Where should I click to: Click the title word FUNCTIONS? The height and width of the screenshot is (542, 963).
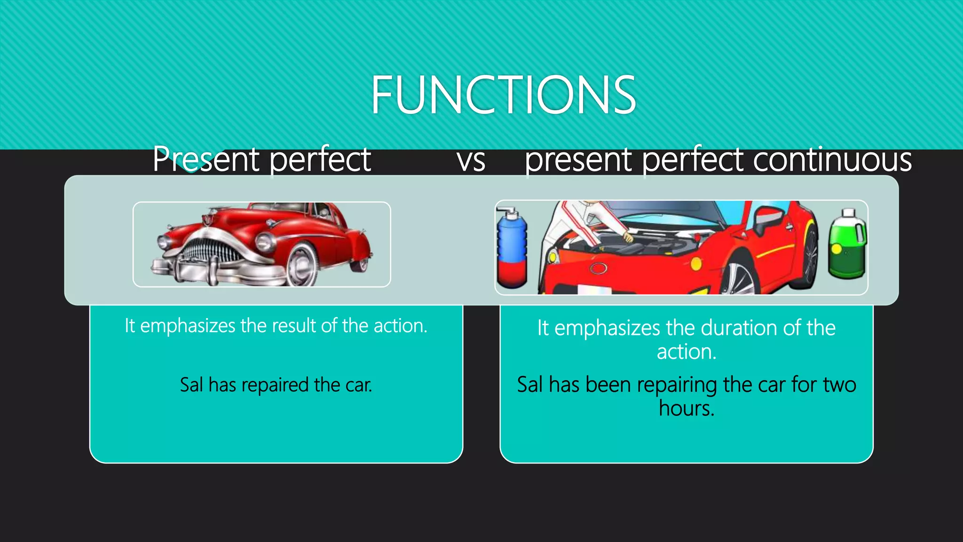tap(503, 95)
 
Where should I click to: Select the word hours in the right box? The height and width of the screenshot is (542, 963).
tap(686, 408)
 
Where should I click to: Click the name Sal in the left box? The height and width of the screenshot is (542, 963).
tap(191, 385)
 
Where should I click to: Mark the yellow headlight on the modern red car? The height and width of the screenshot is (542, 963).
tap(696, 263)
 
